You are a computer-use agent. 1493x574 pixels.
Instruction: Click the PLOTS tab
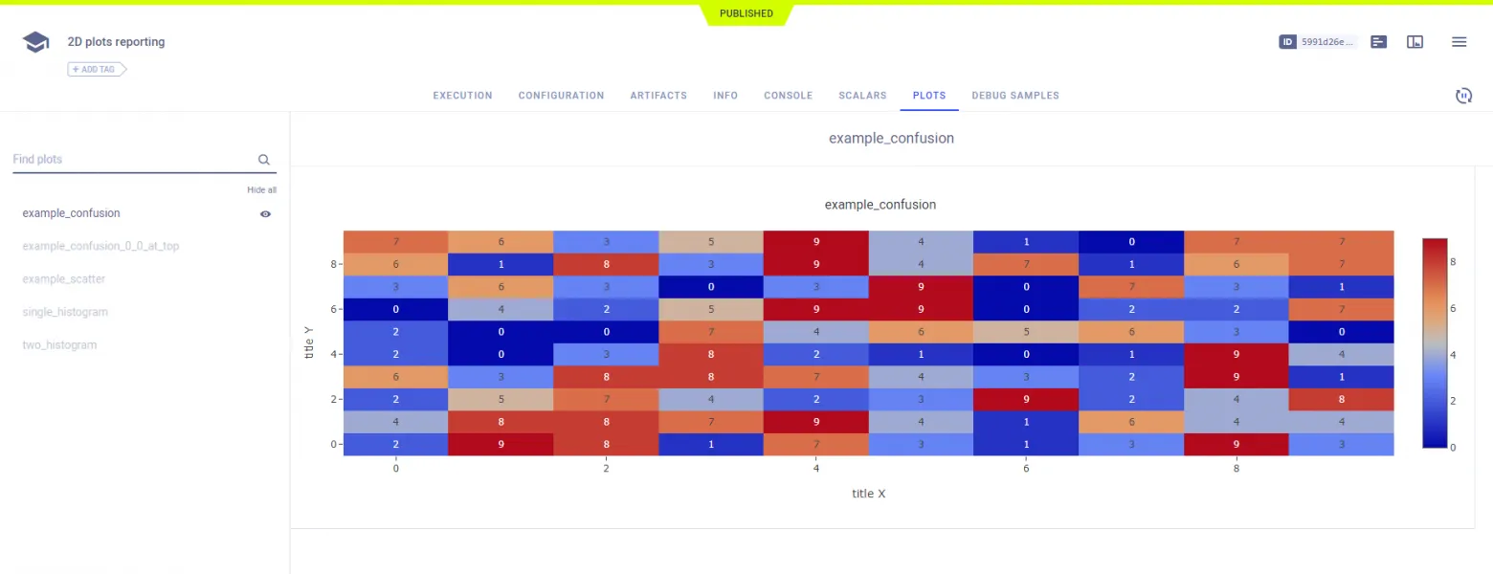click(928, 96)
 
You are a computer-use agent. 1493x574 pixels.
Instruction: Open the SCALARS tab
click(862, 96)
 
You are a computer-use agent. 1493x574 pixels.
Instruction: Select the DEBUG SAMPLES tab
click(1014, 96)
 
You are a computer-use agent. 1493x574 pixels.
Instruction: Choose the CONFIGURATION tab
click(561, 96)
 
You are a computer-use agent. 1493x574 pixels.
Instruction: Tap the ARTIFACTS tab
click(658, 96)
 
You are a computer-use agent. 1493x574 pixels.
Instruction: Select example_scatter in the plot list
click(64, 279)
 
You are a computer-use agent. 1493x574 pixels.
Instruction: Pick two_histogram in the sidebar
click(59, 345)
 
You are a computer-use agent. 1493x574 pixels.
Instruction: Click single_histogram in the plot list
click(65, 312)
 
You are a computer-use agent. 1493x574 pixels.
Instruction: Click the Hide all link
click(261, 190)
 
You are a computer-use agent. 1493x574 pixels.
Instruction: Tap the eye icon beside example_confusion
click(265, 214)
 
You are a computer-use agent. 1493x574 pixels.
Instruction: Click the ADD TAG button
click(97, 69)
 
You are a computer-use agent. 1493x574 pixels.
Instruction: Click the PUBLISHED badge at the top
click(746, 13)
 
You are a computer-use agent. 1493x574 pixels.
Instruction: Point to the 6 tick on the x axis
click(1026, 469)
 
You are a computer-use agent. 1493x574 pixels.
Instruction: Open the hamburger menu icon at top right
click(1459, 42)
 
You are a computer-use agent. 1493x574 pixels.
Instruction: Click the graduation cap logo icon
click(35, 42)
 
